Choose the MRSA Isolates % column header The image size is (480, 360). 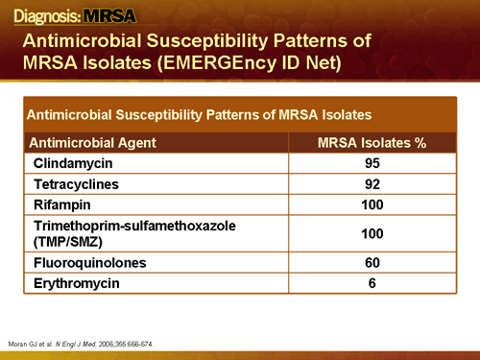tap(372, 143)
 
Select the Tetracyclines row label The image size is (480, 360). tap(78, 183)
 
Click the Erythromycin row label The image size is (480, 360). tap(77, 283)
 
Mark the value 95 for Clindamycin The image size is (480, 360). tap(373, 163)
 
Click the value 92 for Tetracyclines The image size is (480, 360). tap(373, 183)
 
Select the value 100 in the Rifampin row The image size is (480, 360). tap(373, 204)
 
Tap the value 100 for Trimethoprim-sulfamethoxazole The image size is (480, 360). tap(373, 232)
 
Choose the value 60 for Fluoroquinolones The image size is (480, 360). tap(373, 262)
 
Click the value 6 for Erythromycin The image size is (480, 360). tap(373, 283)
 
